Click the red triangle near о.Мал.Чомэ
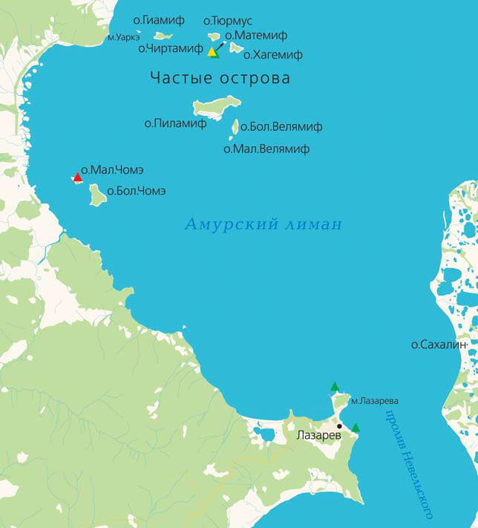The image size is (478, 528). pos(77,177)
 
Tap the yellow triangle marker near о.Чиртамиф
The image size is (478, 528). pos(212,52)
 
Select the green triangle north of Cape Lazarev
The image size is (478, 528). pos(335,386)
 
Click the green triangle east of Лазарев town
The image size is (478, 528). pos(356,428)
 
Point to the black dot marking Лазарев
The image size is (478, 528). pos(339,426)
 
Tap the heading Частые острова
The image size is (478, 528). pos(220,78)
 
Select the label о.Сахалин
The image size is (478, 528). pos(439,345)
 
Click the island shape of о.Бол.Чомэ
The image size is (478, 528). pos(97,195)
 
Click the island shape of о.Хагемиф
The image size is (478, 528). pos(236,48)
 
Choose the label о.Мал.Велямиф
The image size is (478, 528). pos(266,149)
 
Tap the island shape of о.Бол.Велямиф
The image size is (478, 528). pos(235,127)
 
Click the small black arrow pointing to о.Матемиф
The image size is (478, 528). pos(220,45)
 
